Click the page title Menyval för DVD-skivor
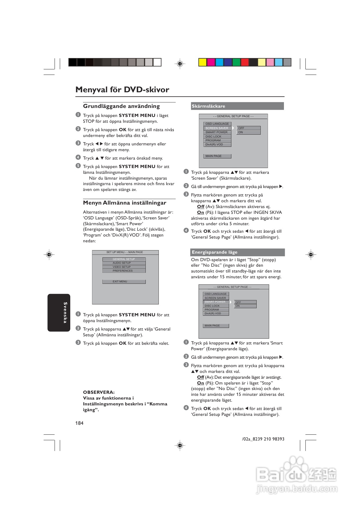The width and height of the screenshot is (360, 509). tap(122, 89)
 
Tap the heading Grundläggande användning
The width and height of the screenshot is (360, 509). tap(121, 106)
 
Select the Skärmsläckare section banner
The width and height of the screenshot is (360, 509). tap(237, 106)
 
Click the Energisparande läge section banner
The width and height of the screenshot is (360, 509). tap(238, 252)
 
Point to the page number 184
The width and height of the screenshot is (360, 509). tap(79, 423)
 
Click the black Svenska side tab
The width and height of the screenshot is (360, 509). tap(59, 313)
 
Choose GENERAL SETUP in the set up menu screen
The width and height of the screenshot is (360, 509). tap(124, 259)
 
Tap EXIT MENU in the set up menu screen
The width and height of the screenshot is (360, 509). tap(124, 281)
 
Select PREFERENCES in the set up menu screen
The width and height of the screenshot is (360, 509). tap(124, 271)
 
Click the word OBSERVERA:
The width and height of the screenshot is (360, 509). tap(99, 392)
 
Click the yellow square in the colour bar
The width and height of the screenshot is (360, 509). tap(202, 62)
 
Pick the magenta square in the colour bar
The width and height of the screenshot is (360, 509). tap(211, 62)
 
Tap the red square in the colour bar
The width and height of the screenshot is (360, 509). tap(245, 62)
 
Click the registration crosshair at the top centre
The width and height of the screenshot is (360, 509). tap(180, 64)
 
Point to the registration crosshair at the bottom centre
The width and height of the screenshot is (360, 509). tap(180, 445)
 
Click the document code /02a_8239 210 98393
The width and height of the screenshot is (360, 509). tap(263, 439)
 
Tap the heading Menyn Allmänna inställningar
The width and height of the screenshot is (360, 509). tap(125, 203)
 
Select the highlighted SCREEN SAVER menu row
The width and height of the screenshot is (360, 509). tap(217, 128)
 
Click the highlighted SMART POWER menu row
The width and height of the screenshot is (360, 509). tap(216, 302)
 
